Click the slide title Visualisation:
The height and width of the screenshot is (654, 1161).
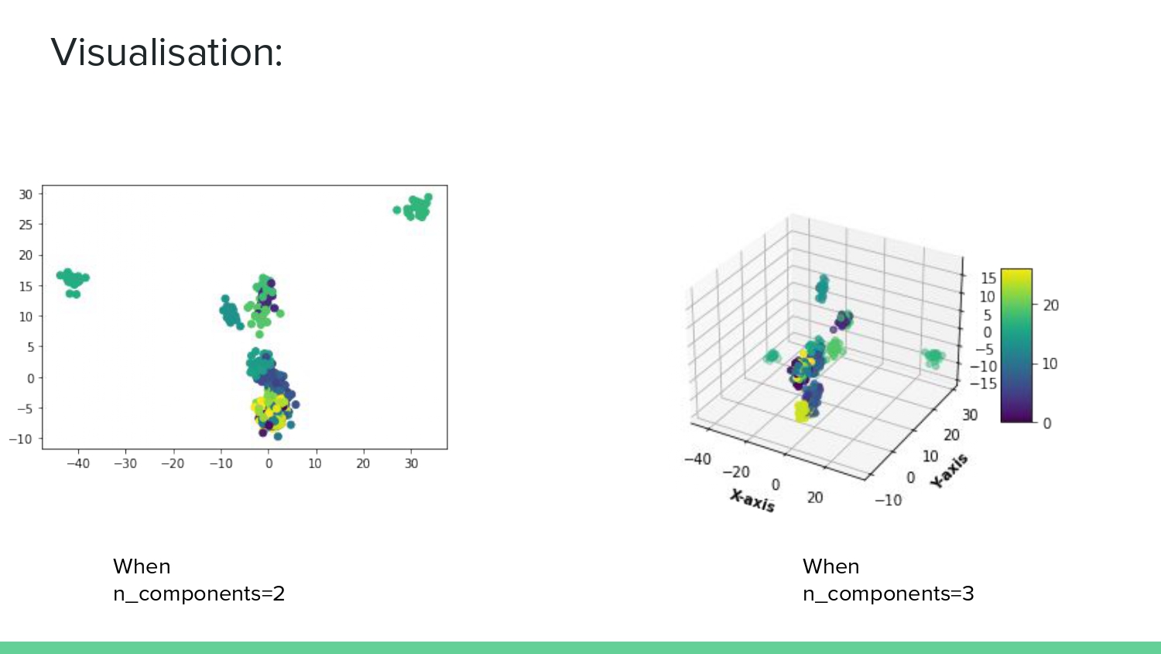click(166, 53)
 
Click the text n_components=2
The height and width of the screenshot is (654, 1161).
click(199, 594)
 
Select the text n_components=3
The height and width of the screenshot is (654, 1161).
click(888, 594)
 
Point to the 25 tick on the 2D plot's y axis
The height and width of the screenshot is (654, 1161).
click(26, 225)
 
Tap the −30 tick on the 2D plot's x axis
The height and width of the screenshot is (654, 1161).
click(125, 463)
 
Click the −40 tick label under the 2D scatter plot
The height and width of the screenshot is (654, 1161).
click(77, 463)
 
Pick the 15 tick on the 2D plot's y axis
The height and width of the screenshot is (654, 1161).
click(26, 286)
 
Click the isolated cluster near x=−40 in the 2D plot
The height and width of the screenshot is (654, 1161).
click(73, 281)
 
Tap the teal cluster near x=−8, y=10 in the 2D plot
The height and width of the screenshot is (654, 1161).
click(230, 314)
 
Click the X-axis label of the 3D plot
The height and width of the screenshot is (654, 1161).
click(752, 501)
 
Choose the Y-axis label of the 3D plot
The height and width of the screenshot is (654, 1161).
click(949, 470)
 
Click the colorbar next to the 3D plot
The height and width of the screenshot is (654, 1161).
click(1016, 346)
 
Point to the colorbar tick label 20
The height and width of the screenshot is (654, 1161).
click(1050, 305)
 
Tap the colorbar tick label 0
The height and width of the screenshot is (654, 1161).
click(1046, 423)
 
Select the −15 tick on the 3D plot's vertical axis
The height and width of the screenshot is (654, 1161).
click(984, 384)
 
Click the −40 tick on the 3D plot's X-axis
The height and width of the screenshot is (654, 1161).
click(697, 459)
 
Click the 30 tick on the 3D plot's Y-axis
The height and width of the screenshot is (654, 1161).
click(970, 415)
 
